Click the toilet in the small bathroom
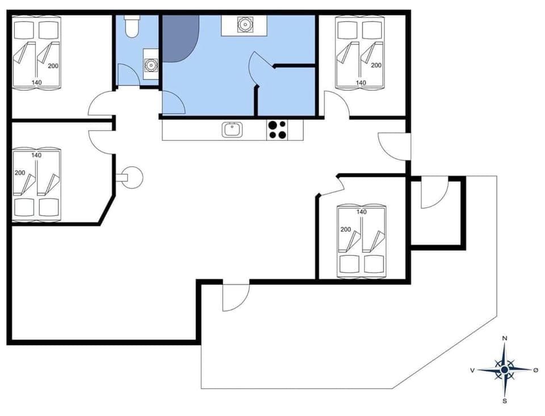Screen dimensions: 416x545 click(132, 27)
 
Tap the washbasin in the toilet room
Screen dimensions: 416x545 click(150, 64)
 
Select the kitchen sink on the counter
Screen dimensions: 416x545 click(232, 130)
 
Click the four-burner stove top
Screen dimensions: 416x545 click(277, 130)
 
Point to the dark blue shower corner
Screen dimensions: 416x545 click(180, 37)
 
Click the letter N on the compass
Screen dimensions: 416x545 click(505, 339)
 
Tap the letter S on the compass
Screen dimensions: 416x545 click(505, 401)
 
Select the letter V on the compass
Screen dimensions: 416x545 click(472, 370)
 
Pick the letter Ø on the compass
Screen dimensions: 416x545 click(536, 370)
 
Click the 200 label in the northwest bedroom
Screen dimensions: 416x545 click(53, 66)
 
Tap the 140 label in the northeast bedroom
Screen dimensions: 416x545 click(360, 82)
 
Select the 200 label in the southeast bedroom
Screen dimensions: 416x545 click(346, 230)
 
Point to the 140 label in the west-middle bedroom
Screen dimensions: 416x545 click(36, 155)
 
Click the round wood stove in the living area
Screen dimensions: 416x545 click(133, 177)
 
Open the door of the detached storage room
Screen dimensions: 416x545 click(433, 194)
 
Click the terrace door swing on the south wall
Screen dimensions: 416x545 click(234, 296)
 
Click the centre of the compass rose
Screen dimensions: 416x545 click(505, 370)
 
